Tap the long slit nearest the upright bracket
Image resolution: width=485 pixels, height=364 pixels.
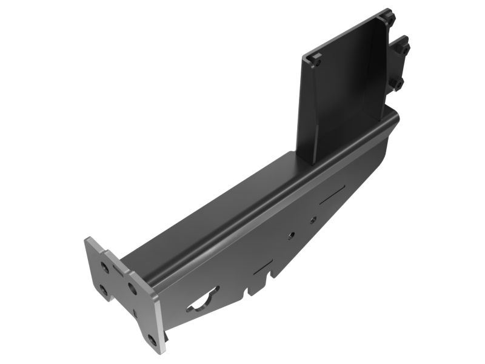pyautogui.click(x=333, y=195)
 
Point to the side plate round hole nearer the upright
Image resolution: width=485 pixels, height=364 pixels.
pyautogui.click(x=312, y=220)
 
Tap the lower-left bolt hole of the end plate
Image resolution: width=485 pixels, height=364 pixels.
pyautogui.click(x=104, y=291)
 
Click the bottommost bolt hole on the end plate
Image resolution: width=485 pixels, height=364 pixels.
pyautogui.click(x=152, y=339)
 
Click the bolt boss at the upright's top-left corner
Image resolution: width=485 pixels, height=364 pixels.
pyautogui.click(x=314, y=59)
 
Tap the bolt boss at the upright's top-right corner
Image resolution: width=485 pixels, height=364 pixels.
pyautogui.click(x=387, y=18)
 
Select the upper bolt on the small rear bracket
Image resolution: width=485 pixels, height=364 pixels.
pyautogui.click(x=401, y=47)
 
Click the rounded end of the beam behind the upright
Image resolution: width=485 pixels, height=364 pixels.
pyautogui.click(x=394, y=115)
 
